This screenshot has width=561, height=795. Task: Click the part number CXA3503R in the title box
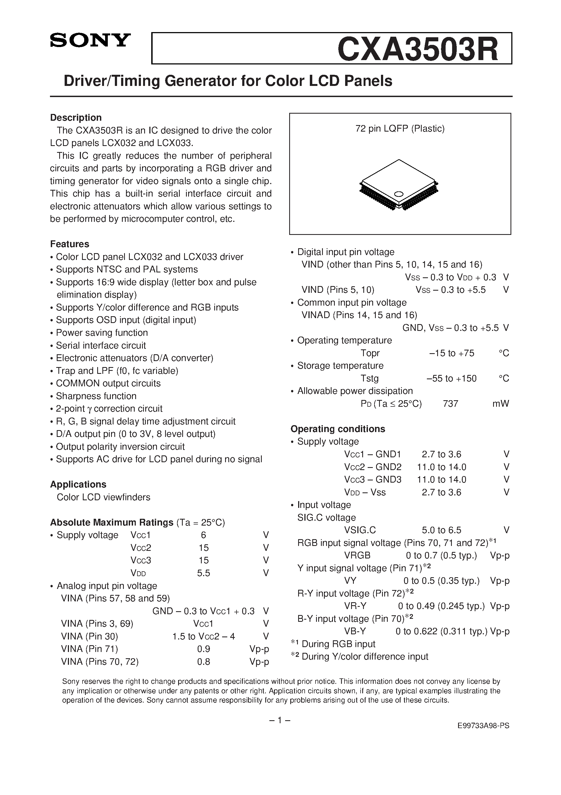point(418,49)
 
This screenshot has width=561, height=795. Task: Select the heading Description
point(76,118)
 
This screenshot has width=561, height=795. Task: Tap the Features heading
point(70,244)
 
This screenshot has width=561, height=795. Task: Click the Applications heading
point(78,485)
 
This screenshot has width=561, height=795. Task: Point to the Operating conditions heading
point(338,429)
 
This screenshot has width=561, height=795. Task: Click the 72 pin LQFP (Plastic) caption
point(400,129)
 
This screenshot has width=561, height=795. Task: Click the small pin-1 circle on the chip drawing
point(399,194)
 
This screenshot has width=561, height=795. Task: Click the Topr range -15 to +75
point(451,353)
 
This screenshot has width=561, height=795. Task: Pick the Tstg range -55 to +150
point(451,378)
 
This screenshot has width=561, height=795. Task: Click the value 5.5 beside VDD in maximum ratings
point(203,573)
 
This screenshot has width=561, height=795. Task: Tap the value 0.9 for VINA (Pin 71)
point(203,649)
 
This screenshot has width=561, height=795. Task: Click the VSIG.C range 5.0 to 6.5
point(441,530)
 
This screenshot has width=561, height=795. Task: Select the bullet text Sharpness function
point(96,396)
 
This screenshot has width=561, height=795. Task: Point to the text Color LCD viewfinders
point(103,497)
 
